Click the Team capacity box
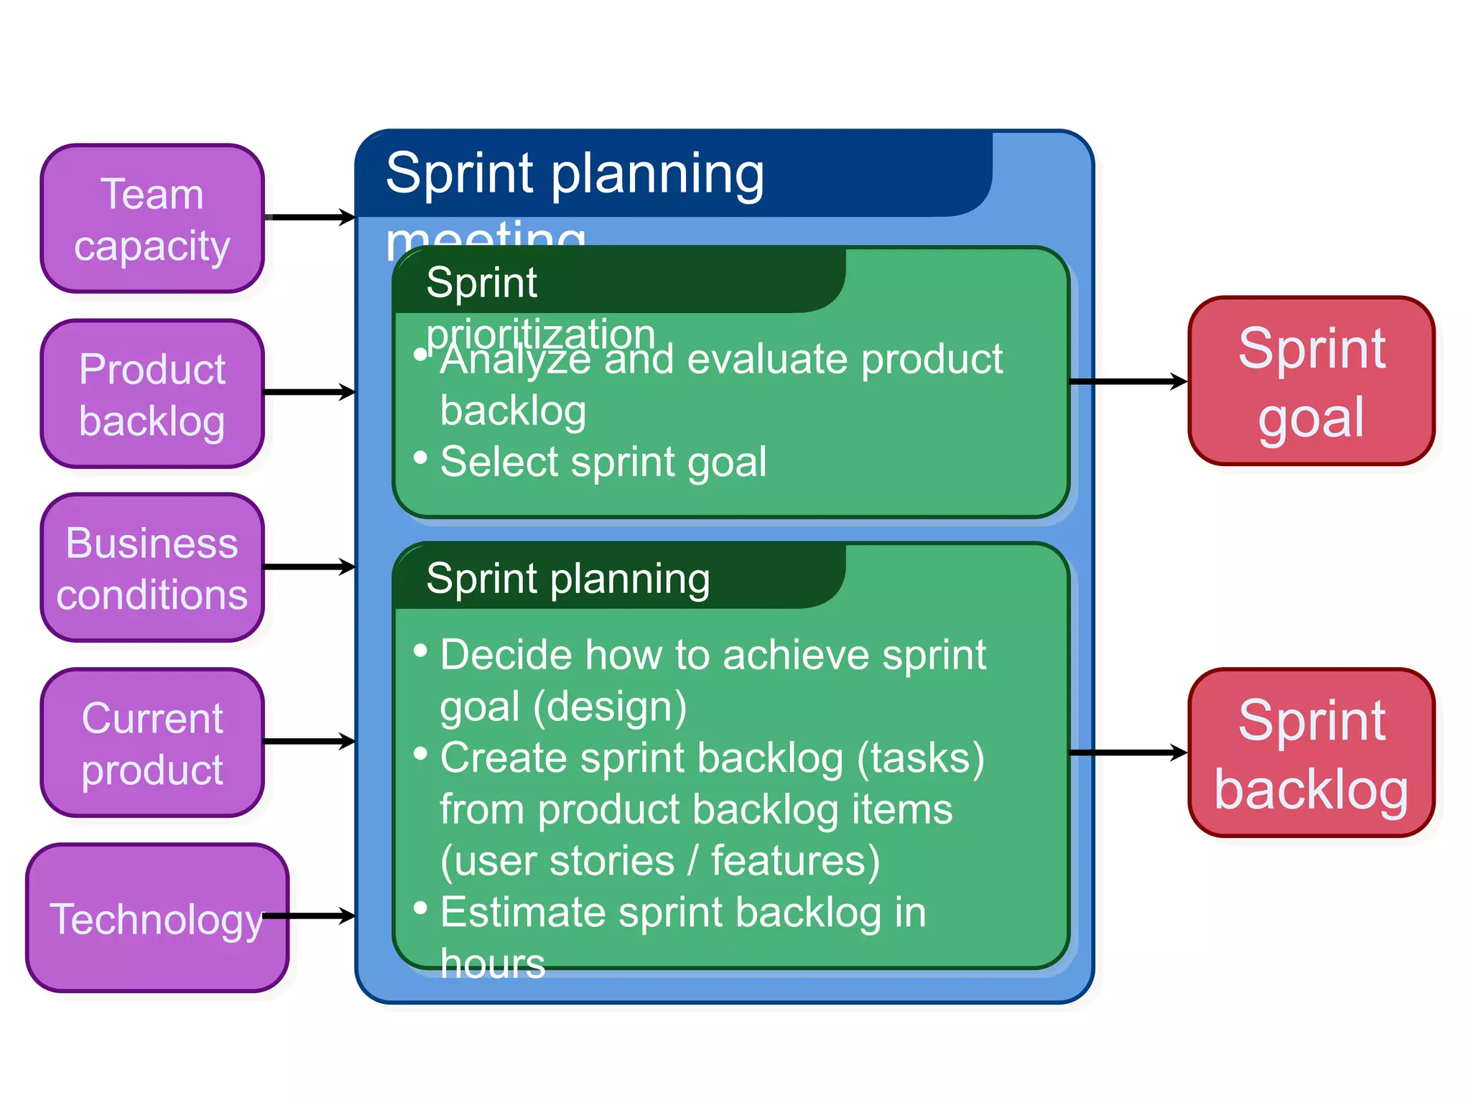(x=152, y=218)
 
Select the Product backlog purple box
(x=152, y=394)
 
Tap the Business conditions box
(x=152, y=567)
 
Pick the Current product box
(x=152, y=743)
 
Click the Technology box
(x=157, y=918)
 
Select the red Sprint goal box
(x=1311, y=381)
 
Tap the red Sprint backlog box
(x=1311, y=753)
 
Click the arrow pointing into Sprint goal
(x=1128, y=381)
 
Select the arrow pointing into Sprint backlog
(x=1128, y=753)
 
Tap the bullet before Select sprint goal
(x=421, y=457)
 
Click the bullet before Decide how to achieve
(x=421, y=651)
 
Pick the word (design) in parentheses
(x=610, y=707)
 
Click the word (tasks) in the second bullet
(x=921, y=758)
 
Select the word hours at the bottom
(x=493, y=963)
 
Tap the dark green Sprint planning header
(x=567, y=579)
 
